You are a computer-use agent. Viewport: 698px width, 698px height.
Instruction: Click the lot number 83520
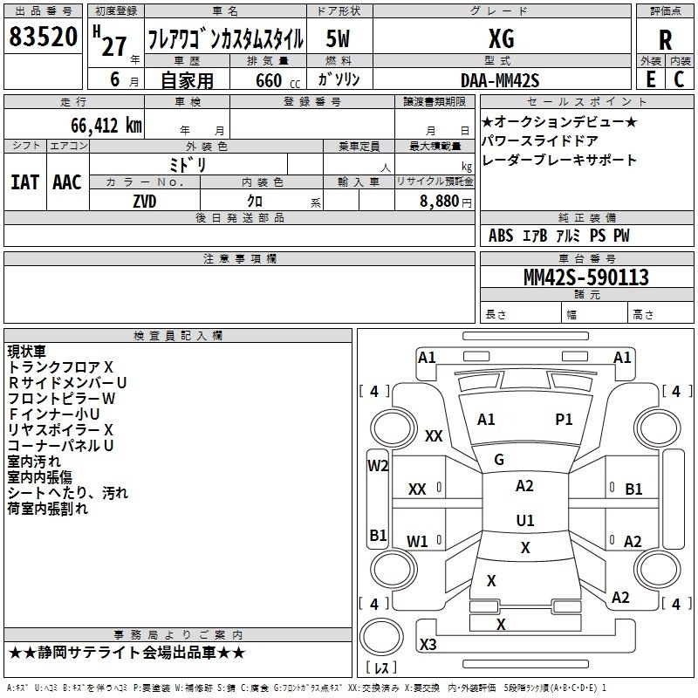click(43, 37)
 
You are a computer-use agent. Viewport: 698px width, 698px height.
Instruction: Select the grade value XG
click(501, 38)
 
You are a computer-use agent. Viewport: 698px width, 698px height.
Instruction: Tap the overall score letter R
click(665, 40)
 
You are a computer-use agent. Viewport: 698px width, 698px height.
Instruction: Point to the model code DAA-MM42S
click(500, 80)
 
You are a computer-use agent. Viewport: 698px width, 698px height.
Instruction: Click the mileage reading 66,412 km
click(106, 126)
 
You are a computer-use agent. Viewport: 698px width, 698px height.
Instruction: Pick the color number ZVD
click(145, 202)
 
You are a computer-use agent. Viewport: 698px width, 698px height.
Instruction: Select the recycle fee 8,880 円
click(446, 202)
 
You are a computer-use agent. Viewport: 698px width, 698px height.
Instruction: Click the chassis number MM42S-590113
click(586, 277)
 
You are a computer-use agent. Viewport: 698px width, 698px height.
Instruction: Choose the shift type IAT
click(24, 182)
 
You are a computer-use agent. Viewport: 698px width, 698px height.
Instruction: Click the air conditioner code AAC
click(67, 182)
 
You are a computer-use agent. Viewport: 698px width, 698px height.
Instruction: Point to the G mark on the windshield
click(499, 460)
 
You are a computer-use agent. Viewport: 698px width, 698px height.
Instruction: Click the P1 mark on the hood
click(564, 420)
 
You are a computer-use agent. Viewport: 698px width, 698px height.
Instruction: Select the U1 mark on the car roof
click(525, 520)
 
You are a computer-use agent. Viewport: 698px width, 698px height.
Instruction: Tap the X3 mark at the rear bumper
click(428, 644)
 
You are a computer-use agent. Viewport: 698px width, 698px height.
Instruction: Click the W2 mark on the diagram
click(378, 466)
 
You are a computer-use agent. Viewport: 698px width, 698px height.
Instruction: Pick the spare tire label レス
click(382, 667)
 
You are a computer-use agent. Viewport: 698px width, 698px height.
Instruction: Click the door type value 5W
click(338, 38)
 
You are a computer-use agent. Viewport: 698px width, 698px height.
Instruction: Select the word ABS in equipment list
click(501, 236)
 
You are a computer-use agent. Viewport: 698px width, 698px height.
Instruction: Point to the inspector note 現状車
click(27, 352)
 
